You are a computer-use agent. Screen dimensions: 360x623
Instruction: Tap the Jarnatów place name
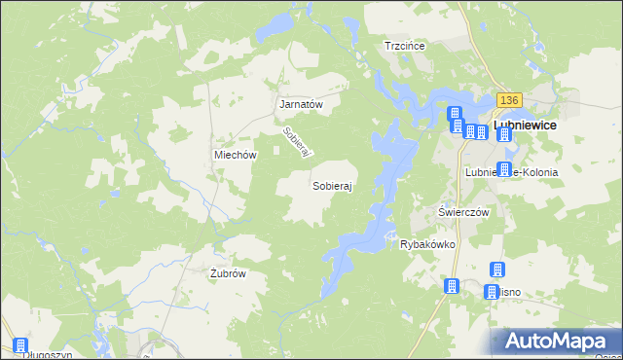[301, 103]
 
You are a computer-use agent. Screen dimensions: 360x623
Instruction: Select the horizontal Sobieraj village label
[332, 184]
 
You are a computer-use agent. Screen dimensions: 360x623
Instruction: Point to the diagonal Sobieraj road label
[295, 144]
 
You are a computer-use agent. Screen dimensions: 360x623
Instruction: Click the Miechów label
[235, 155]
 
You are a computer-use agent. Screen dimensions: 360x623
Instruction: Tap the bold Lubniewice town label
[527, 126]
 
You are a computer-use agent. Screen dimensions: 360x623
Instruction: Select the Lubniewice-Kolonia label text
[511, 172]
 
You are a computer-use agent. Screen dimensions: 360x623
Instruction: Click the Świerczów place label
[462, 211]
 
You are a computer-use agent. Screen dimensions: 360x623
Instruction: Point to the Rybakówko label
[428, 244]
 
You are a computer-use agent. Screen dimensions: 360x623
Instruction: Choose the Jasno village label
[508, 292]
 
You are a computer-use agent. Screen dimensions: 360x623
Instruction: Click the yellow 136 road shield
[509, 100]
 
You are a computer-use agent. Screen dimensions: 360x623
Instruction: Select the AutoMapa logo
[556, 342]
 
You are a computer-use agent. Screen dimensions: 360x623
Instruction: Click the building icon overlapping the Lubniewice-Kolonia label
[503, 168]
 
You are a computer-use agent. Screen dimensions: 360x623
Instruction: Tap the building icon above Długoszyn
[20, 344]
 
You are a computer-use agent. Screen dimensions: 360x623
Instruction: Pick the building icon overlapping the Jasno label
[492, 292]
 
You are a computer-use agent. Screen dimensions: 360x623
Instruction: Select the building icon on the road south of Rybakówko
[452, 286]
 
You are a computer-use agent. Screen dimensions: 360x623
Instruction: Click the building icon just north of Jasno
[495, 269]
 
